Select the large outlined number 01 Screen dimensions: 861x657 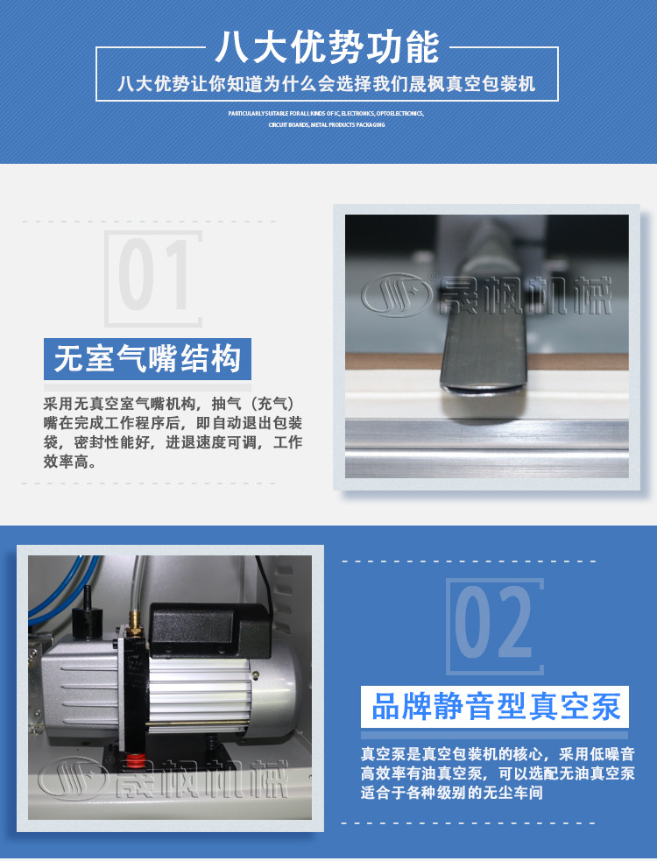[x=153, y=278]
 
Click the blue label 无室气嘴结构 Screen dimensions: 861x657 [x=147, y=359]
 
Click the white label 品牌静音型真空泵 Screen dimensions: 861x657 [x=496, y=706]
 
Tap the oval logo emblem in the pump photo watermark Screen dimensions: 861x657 [x=74, y=779]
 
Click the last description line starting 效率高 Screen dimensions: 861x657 [x=69, y=462]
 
